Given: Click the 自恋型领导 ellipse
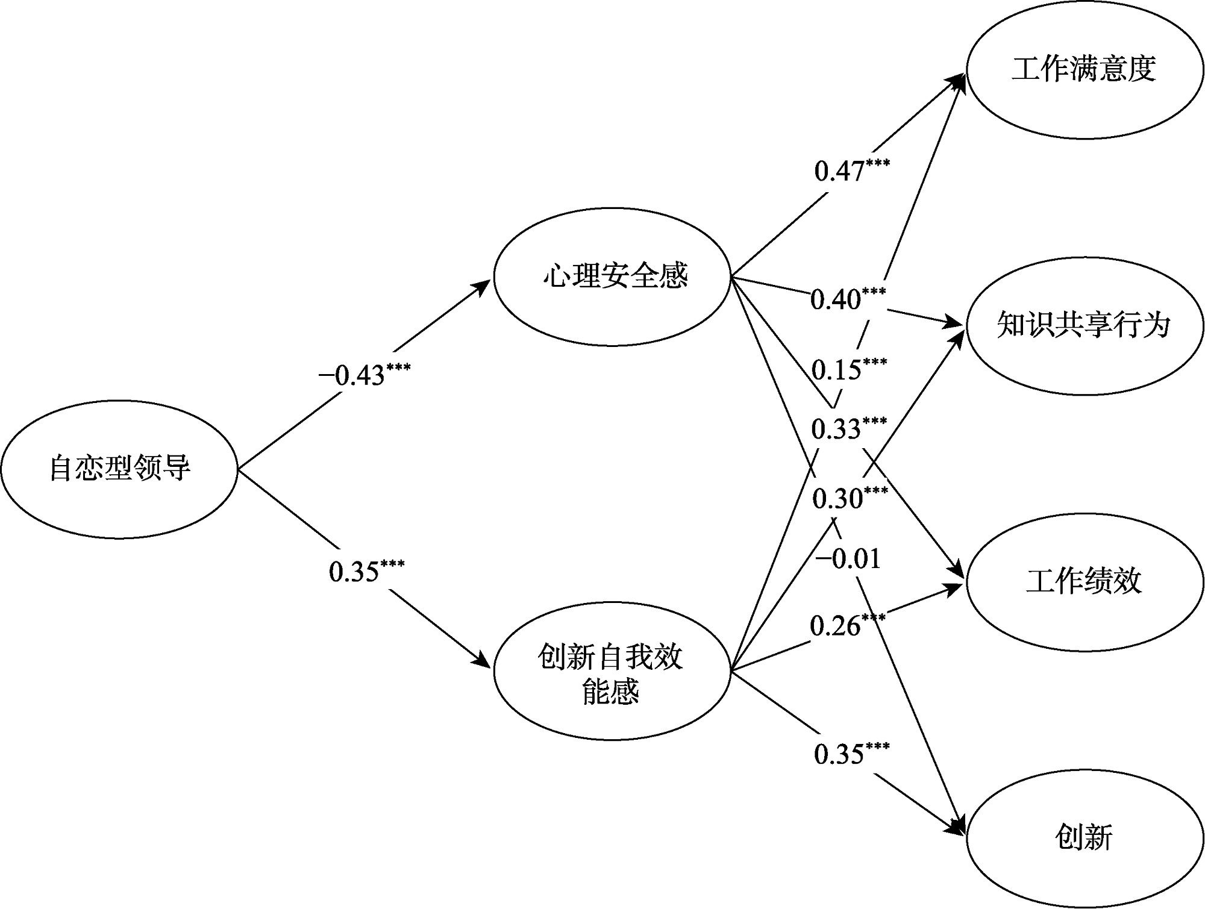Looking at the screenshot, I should (x=119, y=469).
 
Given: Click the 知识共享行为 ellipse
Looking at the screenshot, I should (x=1083, y=326).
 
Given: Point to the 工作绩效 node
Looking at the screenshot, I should (x=1083, y=582).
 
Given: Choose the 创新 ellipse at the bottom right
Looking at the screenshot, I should (x=1083, y=838).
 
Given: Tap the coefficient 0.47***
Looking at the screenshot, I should (x=851, y=170).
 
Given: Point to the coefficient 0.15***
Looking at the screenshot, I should (x=848, y=369).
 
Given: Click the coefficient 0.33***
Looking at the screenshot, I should (x=848, y=428).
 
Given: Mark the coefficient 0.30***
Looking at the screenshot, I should (x=850, y=498).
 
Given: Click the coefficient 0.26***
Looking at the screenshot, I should (x=847, y=626).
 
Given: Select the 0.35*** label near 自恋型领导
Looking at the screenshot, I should (x=366, y=571).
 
